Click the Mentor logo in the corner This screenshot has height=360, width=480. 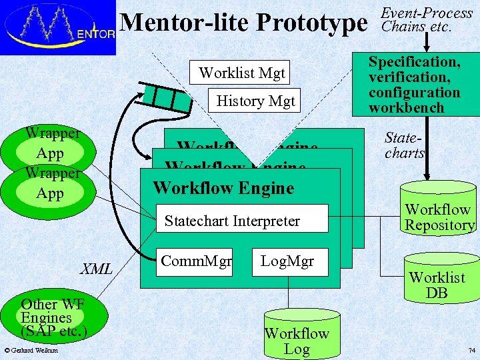click(59, 27)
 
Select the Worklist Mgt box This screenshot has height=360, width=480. click(241, 73)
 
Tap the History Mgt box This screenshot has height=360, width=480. click(255, 101)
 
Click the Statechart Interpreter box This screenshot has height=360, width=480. click(232, 221)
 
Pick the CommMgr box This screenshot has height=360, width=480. click(196, 261)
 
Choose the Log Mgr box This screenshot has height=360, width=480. click(287, 261)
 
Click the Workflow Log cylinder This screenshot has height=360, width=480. click(297, 337)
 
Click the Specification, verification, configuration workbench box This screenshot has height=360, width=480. click(415, 85)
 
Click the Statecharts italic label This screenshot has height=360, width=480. click(405, 145)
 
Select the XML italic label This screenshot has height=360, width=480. click(96, 269)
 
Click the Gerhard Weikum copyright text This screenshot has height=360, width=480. click(31, 351)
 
